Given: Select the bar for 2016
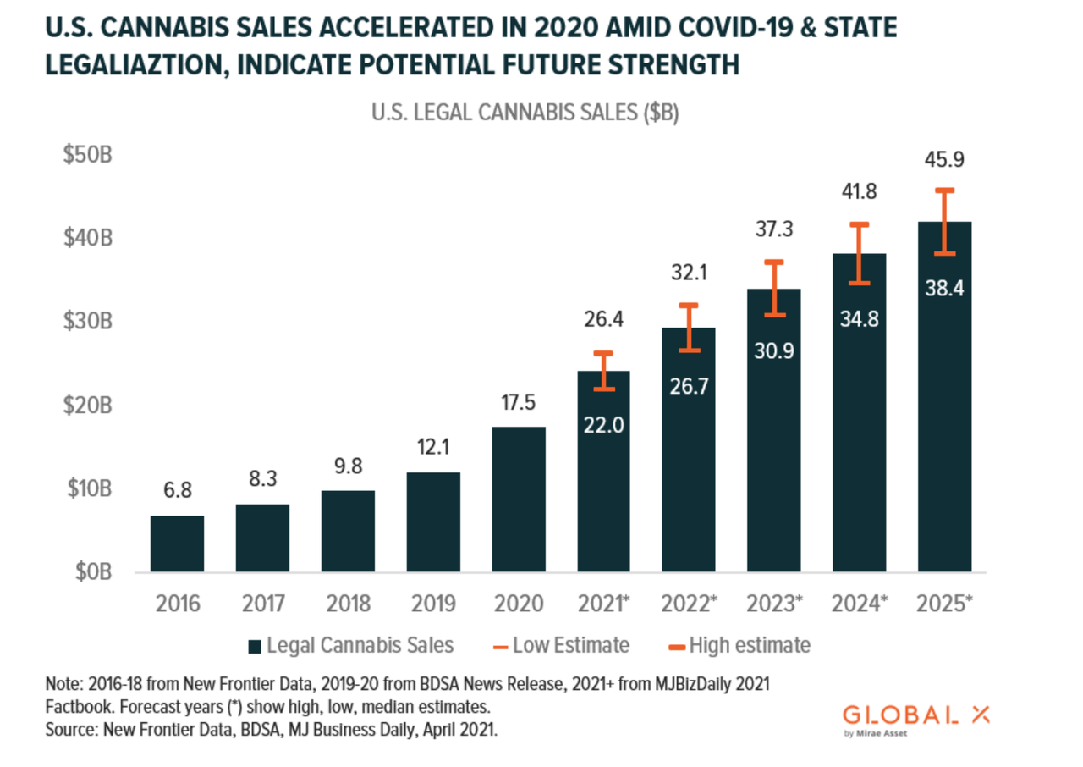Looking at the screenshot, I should pyautogui.click(x=177, y=544).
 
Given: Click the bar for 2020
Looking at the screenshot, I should pyautogui.click(x=518, y=499).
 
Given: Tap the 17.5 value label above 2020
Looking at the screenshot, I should pyautogui.click(x=518, y=403).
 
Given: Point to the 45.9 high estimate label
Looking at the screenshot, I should pyautogui.click(x=944, y=160).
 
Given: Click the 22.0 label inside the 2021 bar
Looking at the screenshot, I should pyautogui.click(x=603, y=425).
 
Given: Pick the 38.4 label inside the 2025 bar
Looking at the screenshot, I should pyautogui.click(x=944, y=288).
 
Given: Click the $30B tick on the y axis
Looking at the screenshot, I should pyautogui.click(x=88, y=322).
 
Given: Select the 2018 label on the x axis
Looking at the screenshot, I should pyautogui.click(x=347, y=604).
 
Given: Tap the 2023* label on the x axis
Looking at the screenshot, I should pyautogui.click(x=775, y=604).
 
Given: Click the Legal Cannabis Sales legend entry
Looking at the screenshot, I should pyautogui.click(x=350, y=645).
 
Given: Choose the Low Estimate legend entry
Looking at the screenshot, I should pyautogui.click(x=560, y=645).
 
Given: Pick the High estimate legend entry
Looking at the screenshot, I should pyautogui.click(x=740, y=645).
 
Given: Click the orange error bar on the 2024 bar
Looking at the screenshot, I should pyautogui.click(x=860, y=253).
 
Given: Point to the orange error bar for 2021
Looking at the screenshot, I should pyautogui.click(x=603, y=371).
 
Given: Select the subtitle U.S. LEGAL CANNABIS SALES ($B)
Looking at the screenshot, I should pyautogui.click(x=525, y=113).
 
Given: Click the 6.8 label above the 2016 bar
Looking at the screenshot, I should pyautogui.click(x=177, y=491).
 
